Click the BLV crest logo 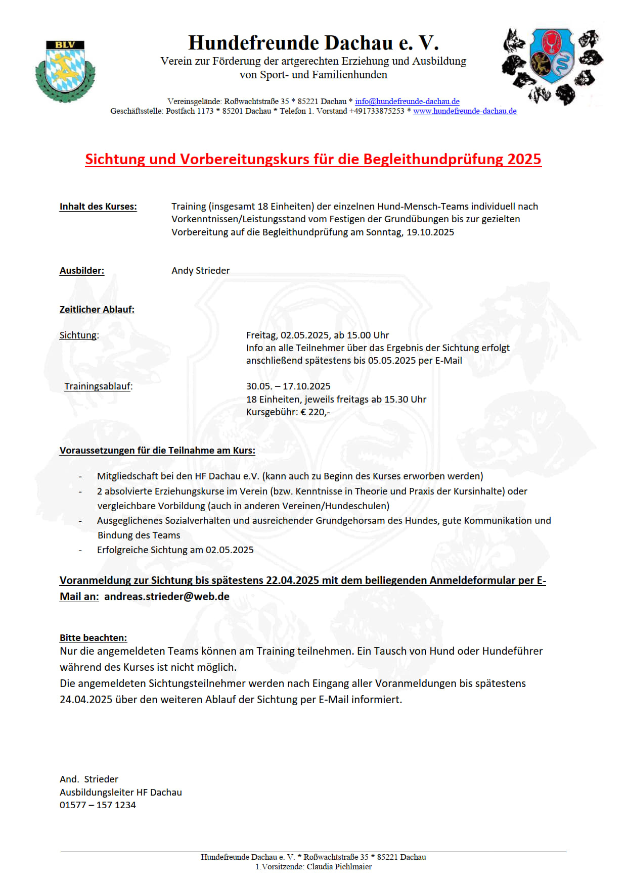pos(65,71)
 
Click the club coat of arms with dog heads pos(552,66)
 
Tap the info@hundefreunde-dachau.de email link pos(407,102)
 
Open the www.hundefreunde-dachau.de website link pos(465,111)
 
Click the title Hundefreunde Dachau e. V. pos(313,43)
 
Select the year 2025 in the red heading pos(524,159)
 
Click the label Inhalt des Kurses pos(98,207)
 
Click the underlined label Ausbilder pos(82,271)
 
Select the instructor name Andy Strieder pos(200,271)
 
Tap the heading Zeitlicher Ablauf pos(97,310)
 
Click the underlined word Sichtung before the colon pos(78,335)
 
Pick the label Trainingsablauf pos(98,386)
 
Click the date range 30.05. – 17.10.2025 pos(288,386)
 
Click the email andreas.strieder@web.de pos(167,597)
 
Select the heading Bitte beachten pos(93,638)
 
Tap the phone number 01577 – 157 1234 pos(98,805)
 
